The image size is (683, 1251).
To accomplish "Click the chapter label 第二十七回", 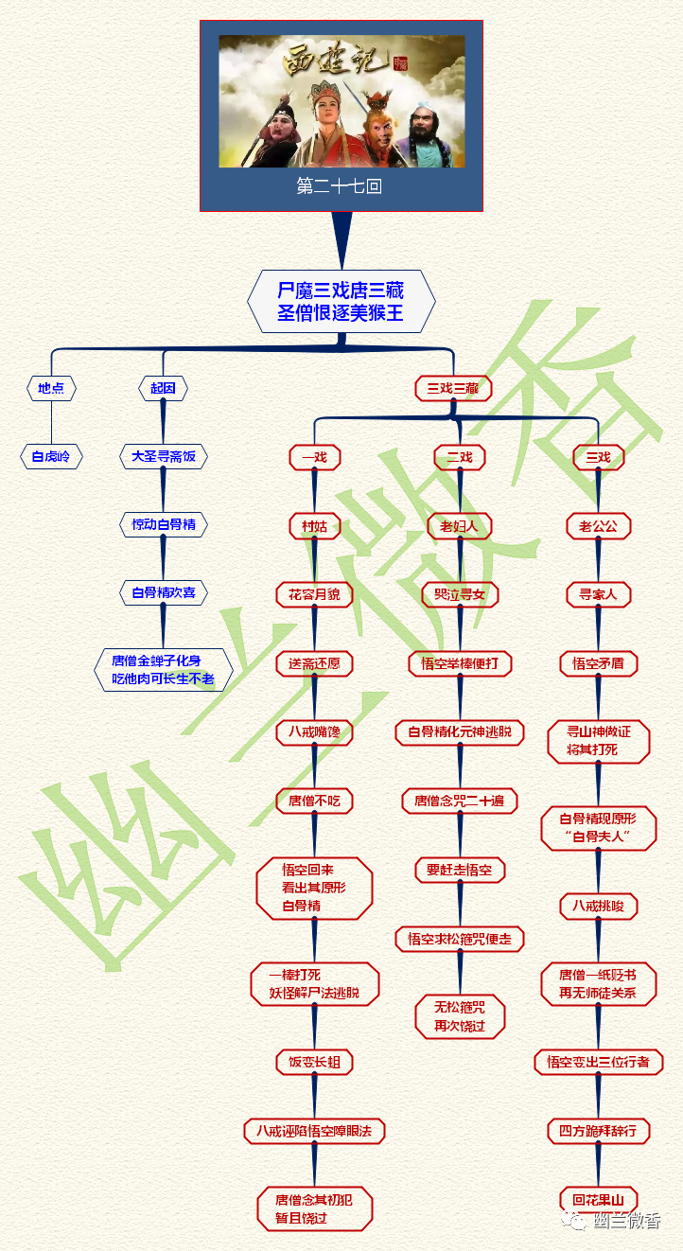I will [341, 187].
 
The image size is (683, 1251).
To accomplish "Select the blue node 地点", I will [51, 388].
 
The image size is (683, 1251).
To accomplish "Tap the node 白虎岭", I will [51, 457].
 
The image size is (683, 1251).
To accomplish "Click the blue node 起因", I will [163, 388].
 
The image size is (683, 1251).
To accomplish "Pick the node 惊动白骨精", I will [163, 524].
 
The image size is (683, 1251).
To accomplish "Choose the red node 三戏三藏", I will [453, 388].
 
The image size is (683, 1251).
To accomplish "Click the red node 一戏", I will [314, 457].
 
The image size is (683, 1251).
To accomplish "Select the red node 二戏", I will [460, 457].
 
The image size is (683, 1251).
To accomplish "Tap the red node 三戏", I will [598, 457].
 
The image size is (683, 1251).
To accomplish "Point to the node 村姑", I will [314, 526].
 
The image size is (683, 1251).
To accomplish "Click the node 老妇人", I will [460, 526].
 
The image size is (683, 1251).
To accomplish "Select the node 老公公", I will [598, 526].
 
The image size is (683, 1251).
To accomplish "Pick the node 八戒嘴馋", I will [314, 731].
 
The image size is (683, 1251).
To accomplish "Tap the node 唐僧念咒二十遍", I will [460, 801].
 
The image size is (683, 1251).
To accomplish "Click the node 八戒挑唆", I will [598, 906].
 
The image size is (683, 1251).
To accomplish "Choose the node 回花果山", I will [598, 1199].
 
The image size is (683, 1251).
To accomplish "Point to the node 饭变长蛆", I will [314, 1062].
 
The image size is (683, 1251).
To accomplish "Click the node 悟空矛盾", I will [598, 663].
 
